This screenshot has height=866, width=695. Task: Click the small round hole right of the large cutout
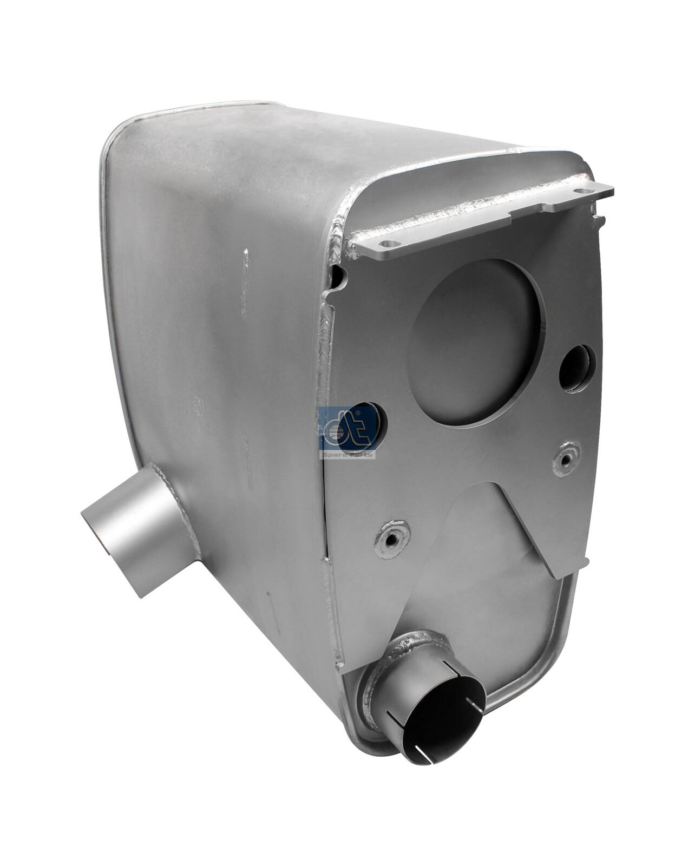coord(576,368)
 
